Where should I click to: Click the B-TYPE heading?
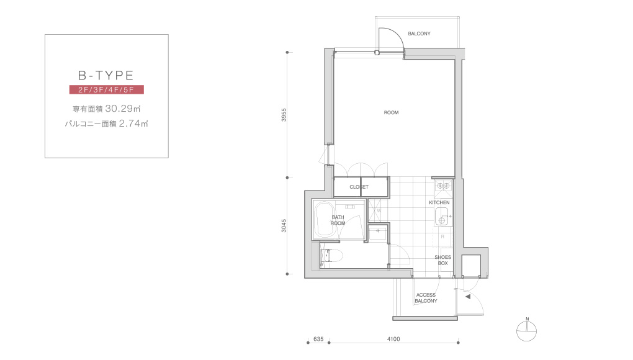pyautogui.click(x=105, y=76)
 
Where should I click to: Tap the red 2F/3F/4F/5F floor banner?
pyautogui.click(x=107, y=89)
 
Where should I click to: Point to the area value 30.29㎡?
pyautogui.click(x=123, y=109)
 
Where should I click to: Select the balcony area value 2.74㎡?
pyautogui.click(x=133, y=124)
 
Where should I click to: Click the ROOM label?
pyautogui.click(x=391, y=112)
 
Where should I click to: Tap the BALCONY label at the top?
pyautogui.click(x=419, y=34)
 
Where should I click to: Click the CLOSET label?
pyautogui.click(x=359, y=187)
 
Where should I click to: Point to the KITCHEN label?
pyautogui.click(x=439, y=202)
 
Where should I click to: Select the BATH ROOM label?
pyautogui.click(x=338, y=220)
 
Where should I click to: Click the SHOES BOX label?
pyautogui.click(x=443, y=260)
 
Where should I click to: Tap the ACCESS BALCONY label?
pyautogui.click(x=426, y=298)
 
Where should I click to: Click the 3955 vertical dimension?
pyautogui.click(x=284, y=115)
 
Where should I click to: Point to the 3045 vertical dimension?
pyautogui.click(x=284, y=225)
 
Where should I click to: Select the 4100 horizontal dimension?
pyautogui.click(x=393, y=339)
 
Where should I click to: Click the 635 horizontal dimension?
pyautogui.click(x=318, y=339)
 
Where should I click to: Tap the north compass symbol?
pyautogui.click(x=526, y=331)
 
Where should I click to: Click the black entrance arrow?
pyautogui.click(x=468, y=297)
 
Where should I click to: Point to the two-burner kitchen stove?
pyautogui.click(x=443, y=186)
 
